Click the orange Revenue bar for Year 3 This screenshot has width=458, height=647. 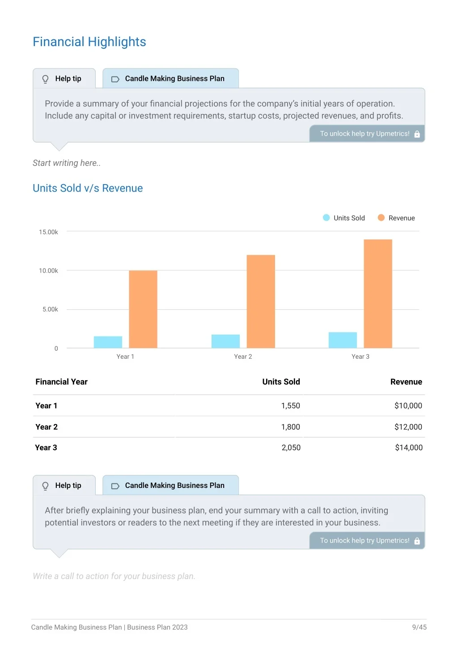point(377,294)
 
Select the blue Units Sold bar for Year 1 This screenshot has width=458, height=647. point(108,342)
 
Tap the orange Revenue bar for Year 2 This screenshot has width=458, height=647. point(260,301)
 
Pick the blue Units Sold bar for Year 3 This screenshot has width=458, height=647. point(343,340)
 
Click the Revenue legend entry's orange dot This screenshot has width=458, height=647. point(381,218)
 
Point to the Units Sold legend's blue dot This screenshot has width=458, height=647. point(326,218)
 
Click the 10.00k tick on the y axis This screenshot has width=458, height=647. point(48,271)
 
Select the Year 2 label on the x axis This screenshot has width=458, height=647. point(243,357)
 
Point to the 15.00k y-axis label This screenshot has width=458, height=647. point(48,232)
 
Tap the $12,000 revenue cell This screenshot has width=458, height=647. point(408,427)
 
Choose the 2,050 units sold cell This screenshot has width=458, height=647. point(291,447)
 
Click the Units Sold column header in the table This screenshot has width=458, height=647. point(281,382)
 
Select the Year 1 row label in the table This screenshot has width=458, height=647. point(46,406)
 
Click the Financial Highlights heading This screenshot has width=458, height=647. point(89,42)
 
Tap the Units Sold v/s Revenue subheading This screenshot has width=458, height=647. point(88,188)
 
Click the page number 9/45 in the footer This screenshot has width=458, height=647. point(419,627)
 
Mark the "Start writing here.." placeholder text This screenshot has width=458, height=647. point(67,163)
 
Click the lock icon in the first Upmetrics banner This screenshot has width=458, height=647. point(417,134)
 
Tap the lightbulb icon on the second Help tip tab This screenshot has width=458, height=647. point(45,486)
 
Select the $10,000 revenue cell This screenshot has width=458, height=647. point(408,406)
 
